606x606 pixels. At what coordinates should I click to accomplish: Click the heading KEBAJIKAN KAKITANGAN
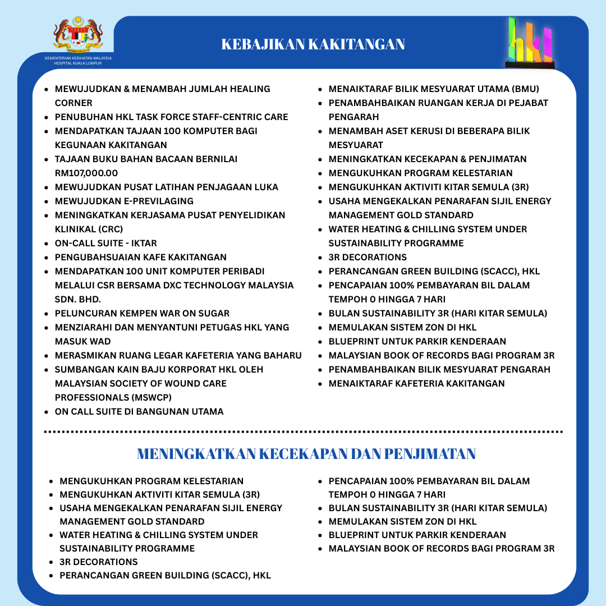(x=313, y=44)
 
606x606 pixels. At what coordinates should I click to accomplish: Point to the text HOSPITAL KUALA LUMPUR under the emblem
(x=78, y=63)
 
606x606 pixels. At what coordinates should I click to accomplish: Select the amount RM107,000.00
(x=86, y=173)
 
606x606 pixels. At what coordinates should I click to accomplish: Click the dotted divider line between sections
(x=303, y=431)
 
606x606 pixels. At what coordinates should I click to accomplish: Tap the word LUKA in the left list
(x=265, y=187)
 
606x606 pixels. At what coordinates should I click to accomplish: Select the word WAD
(x=98, y=341)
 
